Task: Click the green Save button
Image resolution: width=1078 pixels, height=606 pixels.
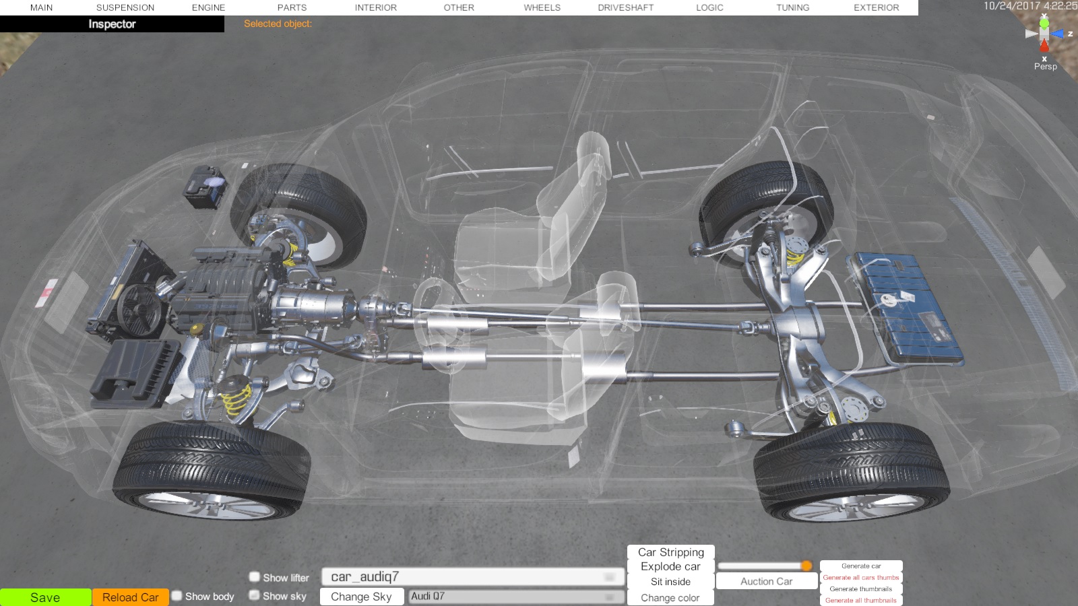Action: coord(45,597)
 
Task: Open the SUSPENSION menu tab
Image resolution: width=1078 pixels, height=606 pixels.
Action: coord(125,7)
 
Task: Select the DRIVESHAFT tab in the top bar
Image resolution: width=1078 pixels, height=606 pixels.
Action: coord(626,7)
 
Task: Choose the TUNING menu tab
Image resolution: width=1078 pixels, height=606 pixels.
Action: coord(792,7)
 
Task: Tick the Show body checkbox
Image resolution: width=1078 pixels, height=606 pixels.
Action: coord(177,596)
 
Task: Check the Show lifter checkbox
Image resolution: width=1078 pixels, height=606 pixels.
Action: coord(255,576)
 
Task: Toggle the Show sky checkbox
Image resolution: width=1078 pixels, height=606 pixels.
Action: coord(255,595)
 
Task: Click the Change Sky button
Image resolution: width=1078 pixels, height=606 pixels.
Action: coord(361,597)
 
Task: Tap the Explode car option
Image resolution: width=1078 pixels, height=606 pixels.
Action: coord(670,566)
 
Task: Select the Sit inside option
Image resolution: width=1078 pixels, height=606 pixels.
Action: coord(670,582)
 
